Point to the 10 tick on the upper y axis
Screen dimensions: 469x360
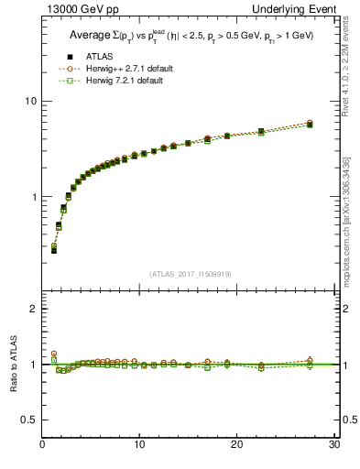coord(30,101)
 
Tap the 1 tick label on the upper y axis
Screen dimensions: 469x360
coord(33,197)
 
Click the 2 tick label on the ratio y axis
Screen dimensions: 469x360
coord(33,309)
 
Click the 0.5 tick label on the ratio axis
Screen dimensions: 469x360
coord(29,420)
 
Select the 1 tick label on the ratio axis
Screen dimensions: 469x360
coord(33,365)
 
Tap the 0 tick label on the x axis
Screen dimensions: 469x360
coord(42,445)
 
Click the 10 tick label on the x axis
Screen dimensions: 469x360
coord(138,445)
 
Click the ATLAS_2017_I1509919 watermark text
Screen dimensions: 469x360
coord(190,272)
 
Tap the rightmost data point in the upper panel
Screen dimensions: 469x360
coord(310,123)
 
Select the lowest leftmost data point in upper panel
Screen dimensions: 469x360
coord(54,249)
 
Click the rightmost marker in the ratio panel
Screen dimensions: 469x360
coord(310,362)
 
